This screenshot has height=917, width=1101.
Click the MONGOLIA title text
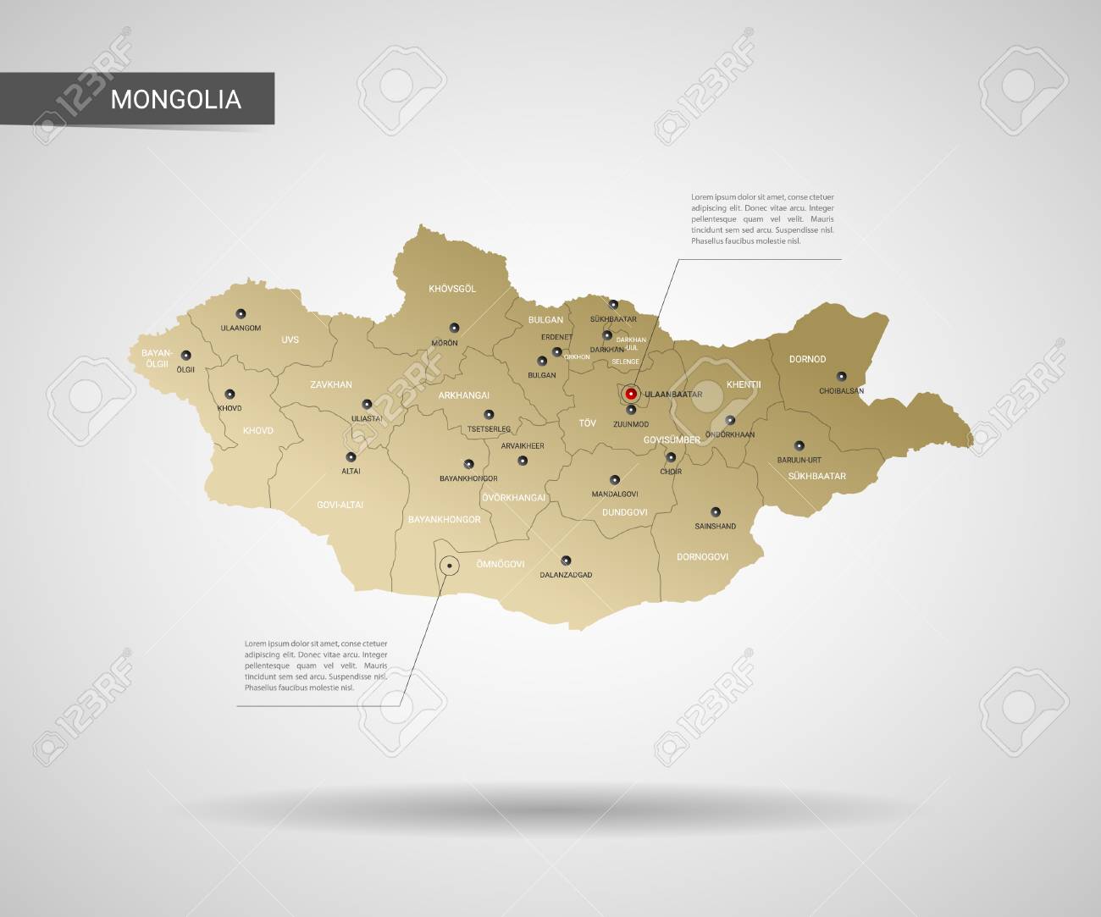point(176,99)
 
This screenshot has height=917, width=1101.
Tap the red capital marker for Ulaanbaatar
point(631,393)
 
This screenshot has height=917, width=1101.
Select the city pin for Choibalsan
point(841,377)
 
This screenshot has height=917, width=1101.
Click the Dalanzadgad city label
point(566,574)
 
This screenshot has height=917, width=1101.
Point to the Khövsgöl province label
point(452,289)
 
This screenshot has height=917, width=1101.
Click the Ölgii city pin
point(186,356)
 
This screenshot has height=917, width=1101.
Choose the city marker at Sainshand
point(716,511)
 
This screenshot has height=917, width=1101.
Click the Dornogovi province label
point(702,556)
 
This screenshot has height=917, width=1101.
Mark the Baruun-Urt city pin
point(799,445)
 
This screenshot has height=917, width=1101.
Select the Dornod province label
point(807,359)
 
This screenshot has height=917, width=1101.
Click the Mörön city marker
point(454,328)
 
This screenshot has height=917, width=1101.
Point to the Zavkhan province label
point(330,384)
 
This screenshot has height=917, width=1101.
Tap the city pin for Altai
point(351,457)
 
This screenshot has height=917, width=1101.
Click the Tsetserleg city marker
point(489,415)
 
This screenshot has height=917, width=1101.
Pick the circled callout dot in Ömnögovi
point(449,565)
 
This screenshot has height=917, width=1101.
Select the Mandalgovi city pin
point(615,480)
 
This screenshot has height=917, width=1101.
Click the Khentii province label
point(744,384)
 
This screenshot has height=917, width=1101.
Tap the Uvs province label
point(290,340)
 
